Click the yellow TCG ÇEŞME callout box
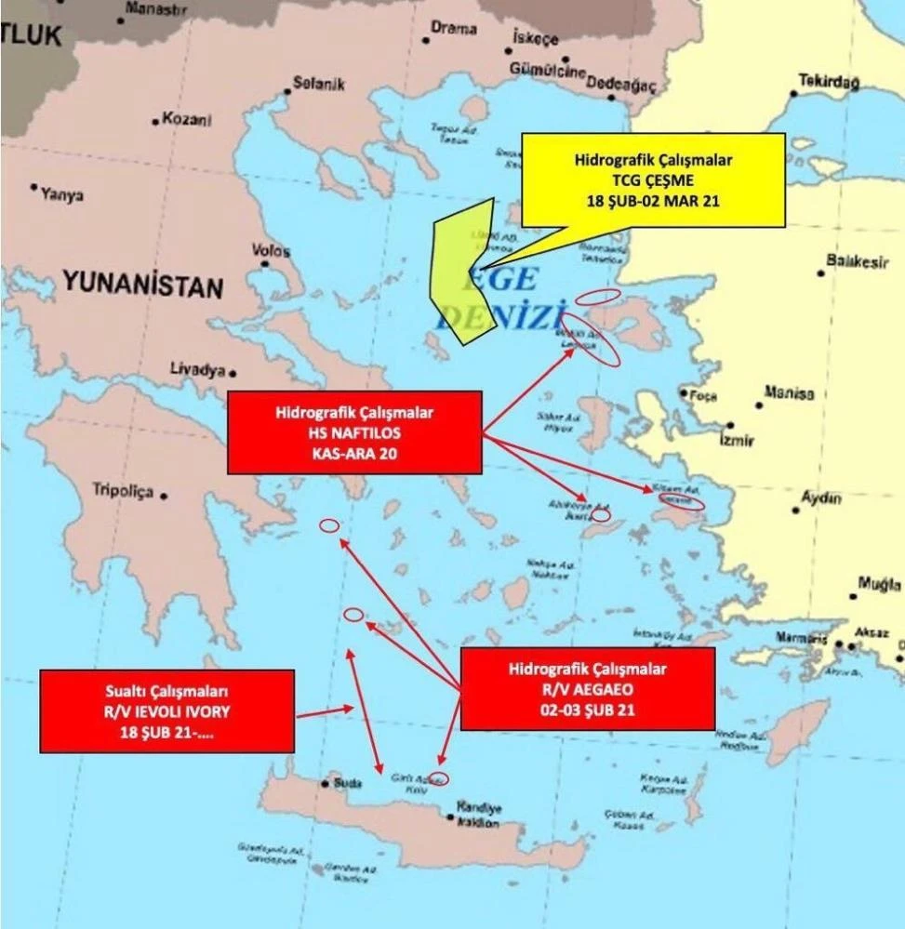[653, 179]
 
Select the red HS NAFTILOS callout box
[354, 432]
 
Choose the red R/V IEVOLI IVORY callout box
[167, 710]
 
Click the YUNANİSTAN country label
[143, 285]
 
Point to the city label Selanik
[319, 84]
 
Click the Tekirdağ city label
[829, 82]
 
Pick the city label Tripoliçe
[122, 491]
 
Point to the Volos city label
[271, 251]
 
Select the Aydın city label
[821, 498]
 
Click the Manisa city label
[789, 393]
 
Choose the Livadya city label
[197, 370]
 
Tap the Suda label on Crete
[347, 784]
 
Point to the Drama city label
[454, 29]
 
